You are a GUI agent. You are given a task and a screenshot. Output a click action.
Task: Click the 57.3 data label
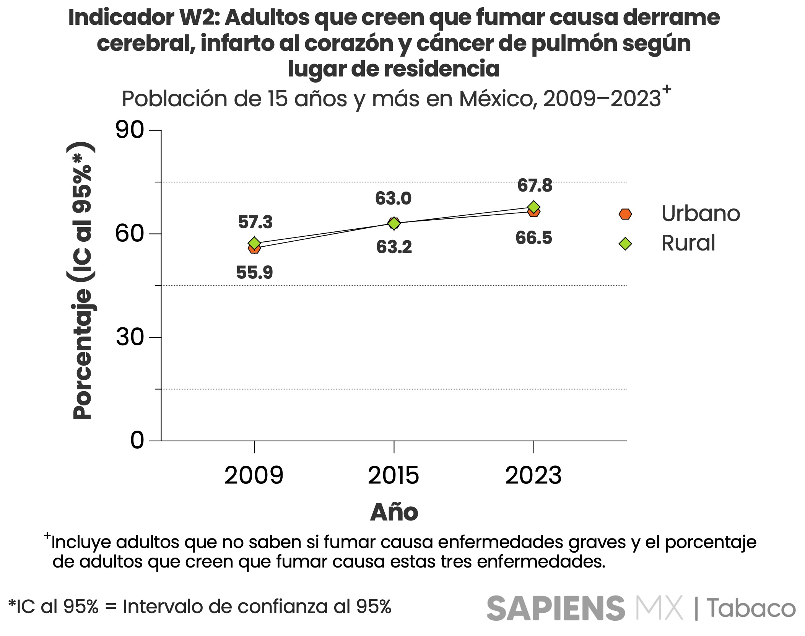pos(255,222)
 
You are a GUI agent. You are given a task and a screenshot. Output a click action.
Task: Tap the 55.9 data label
pos(254,273)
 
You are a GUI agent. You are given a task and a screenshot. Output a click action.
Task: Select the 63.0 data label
pos(393,198)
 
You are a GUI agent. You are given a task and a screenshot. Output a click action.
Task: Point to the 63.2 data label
pos(394,247)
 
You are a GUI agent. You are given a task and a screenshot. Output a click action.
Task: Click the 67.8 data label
pos(535,185)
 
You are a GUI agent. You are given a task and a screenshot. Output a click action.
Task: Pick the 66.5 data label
pos(533,238)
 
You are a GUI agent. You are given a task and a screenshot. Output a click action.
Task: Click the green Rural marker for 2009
pos(254,243)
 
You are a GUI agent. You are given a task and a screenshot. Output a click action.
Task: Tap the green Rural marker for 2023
pos(534,207)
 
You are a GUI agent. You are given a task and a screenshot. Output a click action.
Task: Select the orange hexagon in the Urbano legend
pos(625,214)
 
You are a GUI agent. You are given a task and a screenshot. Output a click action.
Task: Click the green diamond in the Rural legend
pos(625,244)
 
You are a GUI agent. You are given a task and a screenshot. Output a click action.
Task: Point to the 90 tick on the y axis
pos(130,130)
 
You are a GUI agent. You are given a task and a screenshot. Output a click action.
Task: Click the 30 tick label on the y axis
pos(130,337)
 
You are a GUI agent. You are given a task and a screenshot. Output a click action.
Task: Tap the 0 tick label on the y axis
pos(137,440)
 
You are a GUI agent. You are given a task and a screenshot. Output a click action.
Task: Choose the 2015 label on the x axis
pos(394,475)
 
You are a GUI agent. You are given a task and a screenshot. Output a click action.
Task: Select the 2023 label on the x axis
pos(533,475)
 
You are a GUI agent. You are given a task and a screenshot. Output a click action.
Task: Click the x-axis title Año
pos(394,512)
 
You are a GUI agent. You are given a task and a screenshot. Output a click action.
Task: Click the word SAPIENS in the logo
pos(556,608)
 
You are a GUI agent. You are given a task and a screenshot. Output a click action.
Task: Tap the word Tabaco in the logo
pos(751,608)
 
